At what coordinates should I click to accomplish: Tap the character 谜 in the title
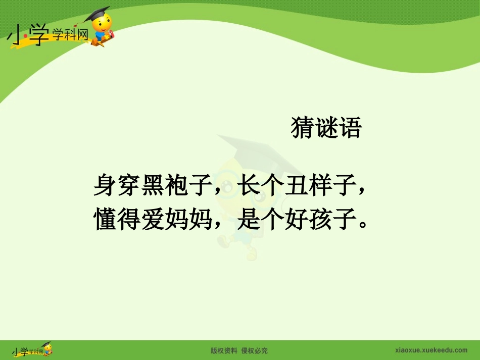coord(326,128)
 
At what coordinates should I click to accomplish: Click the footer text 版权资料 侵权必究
coord(239,350)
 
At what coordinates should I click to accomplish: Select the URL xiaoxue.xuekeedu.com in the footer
coord(430,350)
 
